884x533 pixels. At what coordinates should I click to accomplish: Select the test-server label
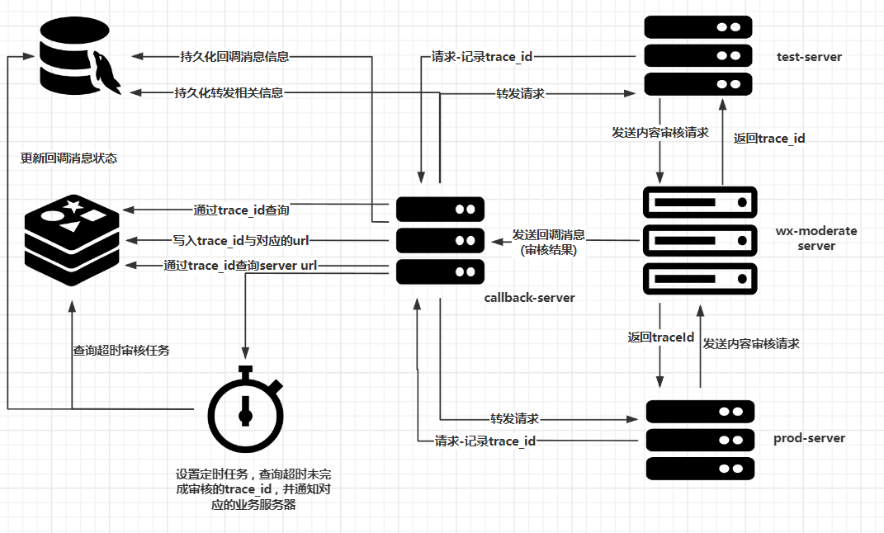(x=809, y=57)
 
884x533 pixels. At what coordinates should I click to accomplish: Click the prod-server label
(x=809, y=438)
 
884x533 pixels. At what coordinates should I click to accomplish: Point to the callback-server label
(x=529, y=297)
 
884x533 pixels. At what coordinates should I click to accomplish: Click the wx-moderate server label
(x=815, y=238)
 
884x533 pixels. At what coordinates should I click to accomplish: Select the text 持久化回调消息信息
(x=234, y=57)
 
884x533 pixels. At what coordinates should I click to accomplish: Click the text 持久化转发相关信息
(x=229, y=93)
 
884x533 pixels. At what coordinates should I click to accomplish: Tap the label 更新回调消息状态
(x=69, y=158)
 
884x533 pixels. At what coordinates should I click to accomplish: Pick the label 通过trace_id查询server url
(x=240, y=266)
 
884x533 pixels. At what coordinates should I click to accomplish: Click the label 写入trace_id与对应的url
(x=240, y=240)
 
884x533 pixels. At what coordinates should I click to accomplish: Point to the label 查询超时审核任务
(x=121, y=351)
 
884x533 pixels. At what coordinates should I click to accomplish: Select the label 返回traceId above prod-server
(x=660, y=337)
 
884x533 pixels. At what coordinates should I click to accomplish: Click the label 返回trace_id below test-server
(x=769, y=139)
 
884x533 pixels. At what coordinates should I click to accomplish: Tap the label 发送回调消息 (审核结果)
(x=548, y=243)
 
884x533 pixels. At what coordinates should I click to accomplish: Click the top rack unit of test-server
(x=697, y=27)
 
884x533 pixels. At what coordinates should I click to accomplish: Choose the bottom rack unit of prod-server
(x=700, y=467)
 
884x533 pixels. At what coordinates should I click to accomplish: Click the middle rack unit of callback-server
(x=440, y=240)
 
